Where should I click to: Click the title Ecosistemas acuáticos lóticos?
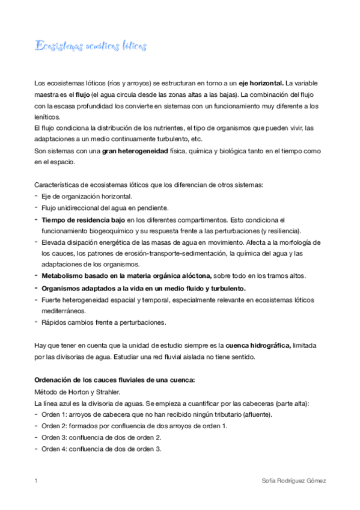click(91, 46)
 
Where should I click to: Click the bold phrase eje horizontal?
click(261, 82)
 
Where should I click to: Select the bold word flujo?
click(81, 94)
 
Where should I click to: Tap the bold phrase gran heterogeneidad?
click(135, 152)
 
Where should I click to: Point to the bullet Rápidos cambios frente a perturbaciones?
click(103, 322)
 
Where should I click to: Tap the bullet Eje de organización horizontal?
click(87, 197)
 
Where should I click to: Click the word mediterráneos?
click(63, 311)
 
